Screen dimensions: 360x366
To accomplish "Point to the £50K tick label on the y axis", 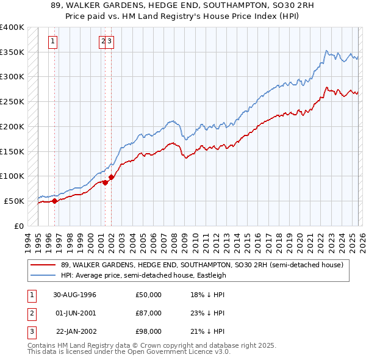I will click(15, 201).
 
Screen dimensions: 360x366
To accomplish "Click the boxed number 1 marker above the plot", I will click(54, 41).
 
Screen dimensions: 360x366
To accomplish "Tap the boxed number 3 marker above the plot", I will click(110, 41).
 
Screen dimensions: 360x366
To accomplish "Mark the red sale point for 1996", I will click(55, 200).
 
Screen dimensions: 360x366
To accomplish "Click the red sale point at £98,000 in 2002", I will click(111, 177).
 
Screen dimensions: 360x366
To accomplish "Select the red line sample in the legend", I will click(43, 265).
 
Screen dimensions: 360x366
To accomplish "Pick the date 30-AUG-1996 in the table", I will click(75, 295).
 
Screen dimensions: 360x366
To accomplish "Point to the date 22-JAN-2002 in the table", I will click(75, 331).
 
